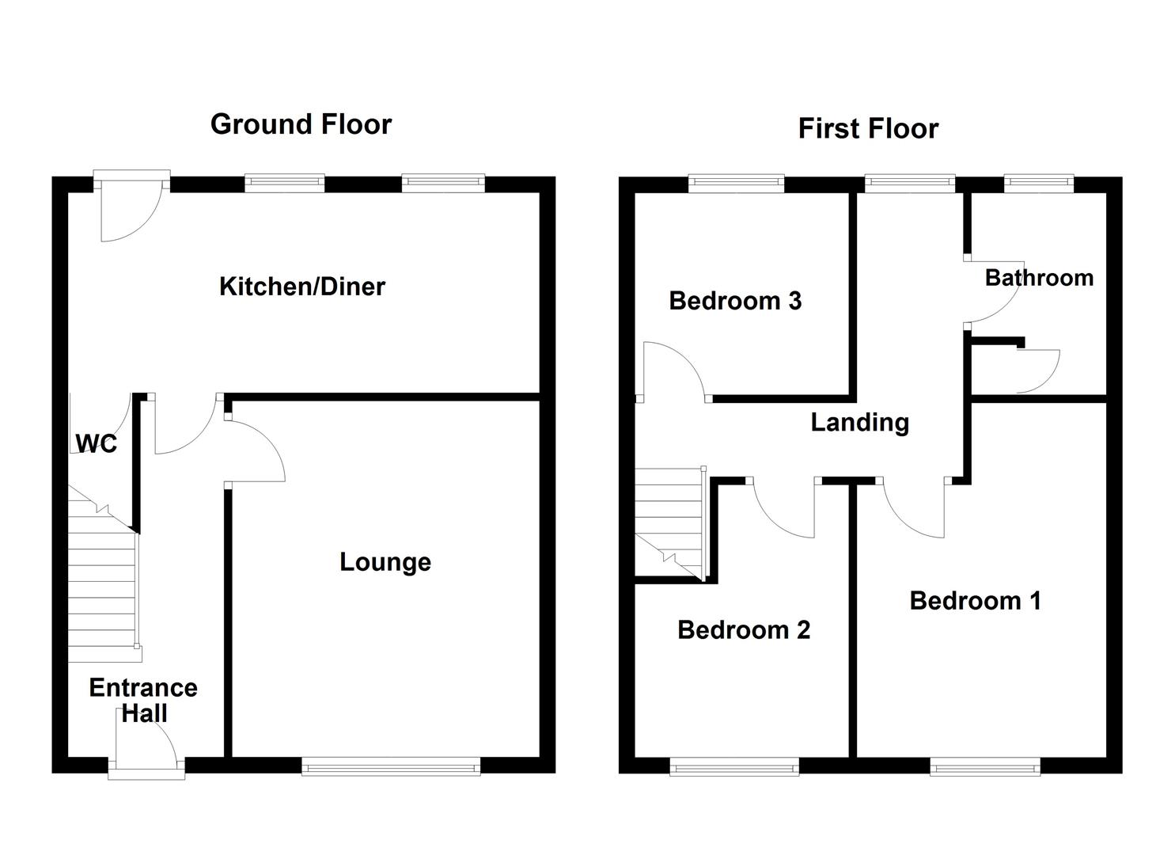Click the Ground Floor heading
click(301, 124)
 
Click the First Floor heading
click(868, 128)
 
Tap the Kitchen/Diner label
click(301, 286)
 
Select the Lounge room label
click(385, 562)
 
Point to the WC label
click(97, 443)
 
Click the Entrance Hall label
click(143, 700)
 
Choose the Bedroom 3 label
click(735, 301)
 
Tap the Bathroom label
click(1039, 278)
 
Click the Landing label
click(859, 422)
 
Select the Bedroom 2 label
click(744, 630)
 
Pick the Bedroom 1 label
click(975, 601)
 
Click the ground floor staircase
click(103, 586)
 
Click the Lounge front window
click(391, 766)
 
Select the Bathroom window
click(1039, 184)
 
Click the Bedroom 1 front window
click(984, 766)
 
